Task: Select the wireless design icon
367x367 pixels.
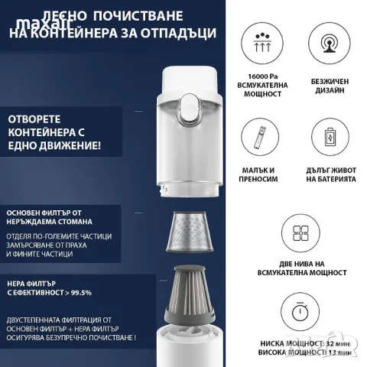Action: click(x=326, y=44)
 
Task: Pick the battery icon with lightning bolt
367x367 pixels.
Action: click(x=326, y=140)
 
